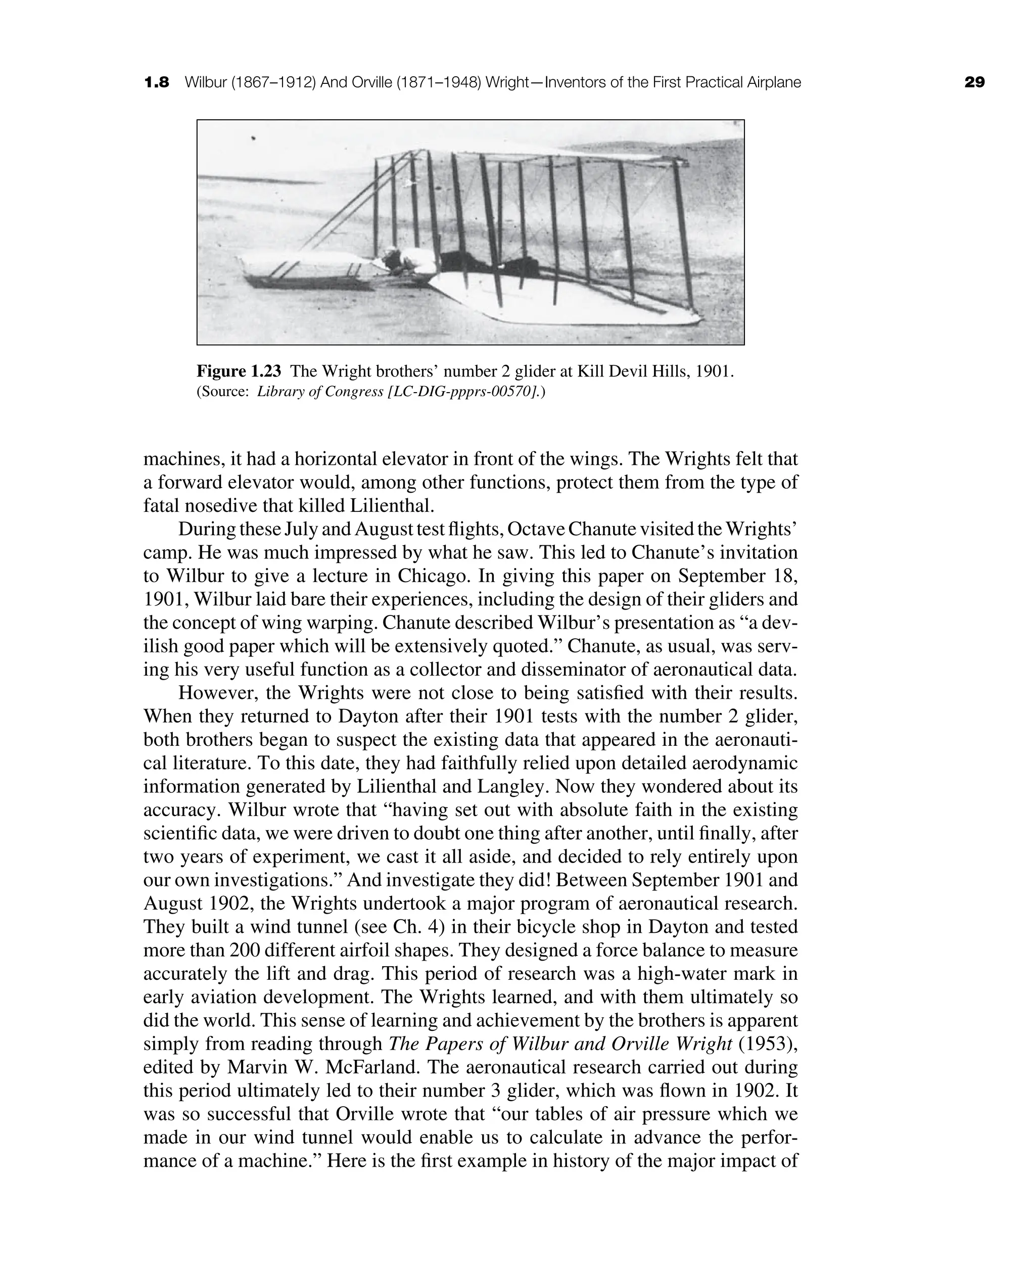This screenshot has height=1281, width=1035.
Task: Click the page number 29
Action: tap(974, 82)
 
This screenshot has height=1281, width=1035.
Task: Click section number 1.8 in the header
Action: tap(157, 82)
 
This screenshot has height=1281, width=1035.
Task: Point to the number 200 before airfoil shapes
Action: tap(223, 950)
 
